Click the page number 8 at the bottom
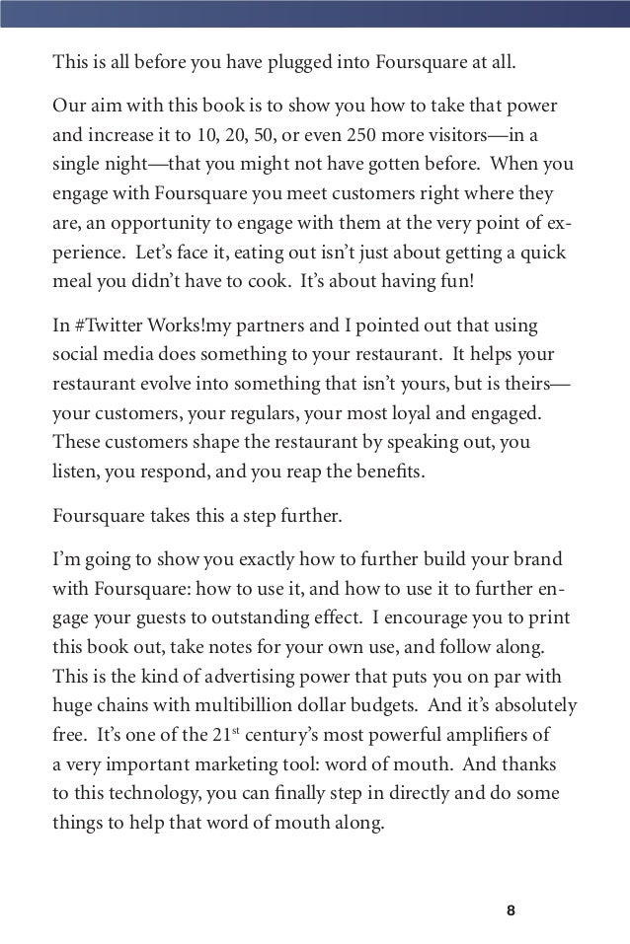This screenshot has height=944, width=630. pyautogui.click(x=511, y=909)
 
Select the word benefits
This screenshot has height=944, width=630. pyautogui.click(x=390, y=471)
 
